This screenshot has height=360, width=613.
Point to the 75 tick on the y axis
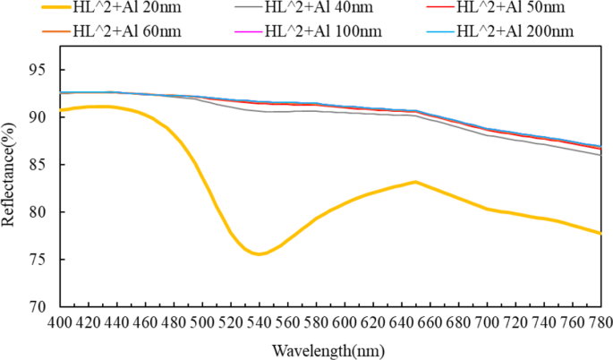[x=43, y=259]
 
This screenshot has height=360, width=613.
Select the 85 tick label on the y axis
[x=43, y=165]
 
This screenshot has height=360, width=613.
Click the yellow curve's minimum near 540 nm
[x=259, y=254]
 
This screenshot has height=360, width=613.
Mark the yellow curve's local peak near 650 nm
[x=415, y=182]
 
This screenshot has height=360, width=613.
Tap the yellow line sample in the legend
[x=38, y=9]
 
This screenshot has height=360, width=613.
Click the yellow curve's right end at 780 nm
[x=600, y=233]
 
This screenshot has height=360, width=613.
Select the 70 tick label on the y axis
[x=43, y=306]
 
